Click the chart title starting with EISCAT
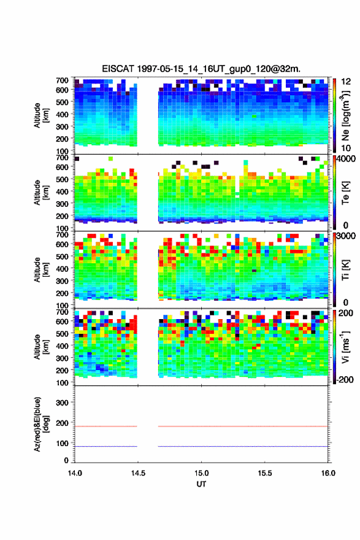(x=201, y=69)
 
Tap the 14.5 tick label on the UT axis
(x=138, y=473)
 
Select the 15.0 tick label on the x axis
(x=201, y=473)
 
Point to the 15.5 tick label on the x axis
(x=265, y=473)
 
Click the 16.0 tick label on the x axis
(x=328, y=473)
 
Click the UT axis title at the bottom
(x=201, y=484)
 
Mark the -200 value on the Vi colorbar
(x=345, y=379)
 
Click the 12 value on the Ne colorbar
(x=346, y=82)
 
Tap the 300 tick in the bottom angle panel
(x=63, y=403)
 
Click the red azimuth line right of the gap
(x=243, y=426)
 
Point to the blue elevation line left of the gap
(x=106, y=446)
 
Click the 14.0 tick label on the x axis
(x=75, y=473)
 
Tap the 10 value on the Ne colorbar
(x=346, y=148)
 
